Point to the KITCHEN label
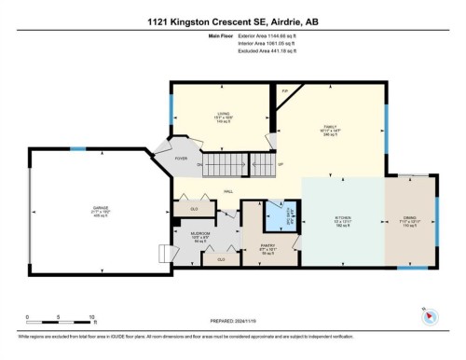click(x=343, y=220)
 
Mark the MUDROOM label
click(x=201, y=236)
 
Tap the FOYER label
click(x=181, y=159)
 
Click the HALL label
click(x=227, y=191)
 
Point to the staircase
click(x=240, y=168)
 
